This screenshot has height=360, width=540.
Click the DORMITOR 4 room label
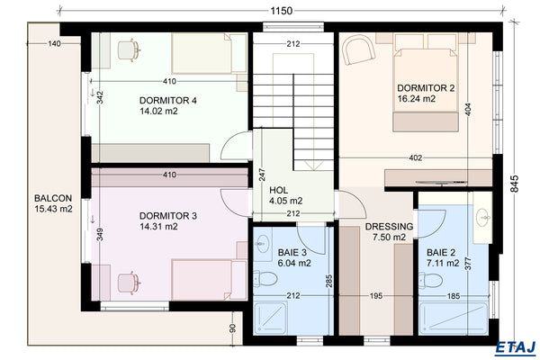click(x=168, y=99)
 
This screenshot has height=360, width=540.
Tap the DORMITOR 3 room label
click(x=168, y=215)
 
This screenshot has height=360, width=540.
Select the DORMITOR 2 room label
click(x=426, y=87)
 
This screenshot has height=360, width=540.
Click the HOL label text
click(x=279, y=189)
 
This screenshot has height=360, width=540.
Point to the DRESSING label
click(x=389, y=227)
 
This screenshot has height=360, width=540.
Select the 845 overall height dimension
click(x=514, y=184)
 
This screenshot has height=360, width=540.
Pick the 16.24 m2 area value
click(x=417, y=99)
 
